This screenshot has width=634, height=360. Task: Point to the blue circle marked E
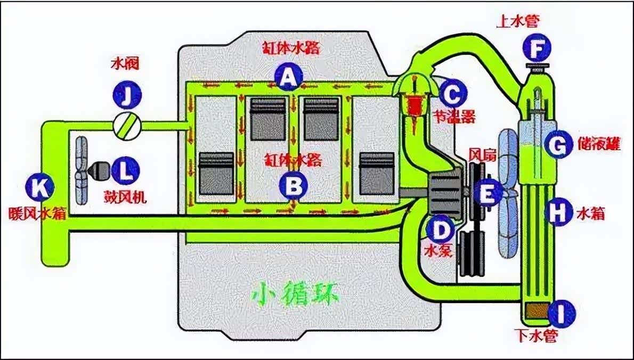[x=487, y=193]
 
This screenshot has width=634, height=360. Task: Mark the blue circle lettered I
[x=562, y=314]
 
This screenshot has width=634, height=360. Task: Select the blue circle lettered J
[x=127, y=96]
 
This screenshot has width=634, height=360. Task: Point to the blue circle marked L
[x=125, y=171]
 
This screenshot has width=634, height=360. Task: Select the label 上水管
[x=518, y=21]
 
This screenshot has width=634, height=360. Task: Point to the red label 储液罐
[x=599, y=144]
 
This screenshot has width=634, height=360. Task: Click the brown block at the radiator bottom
[x=536, y=312]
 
